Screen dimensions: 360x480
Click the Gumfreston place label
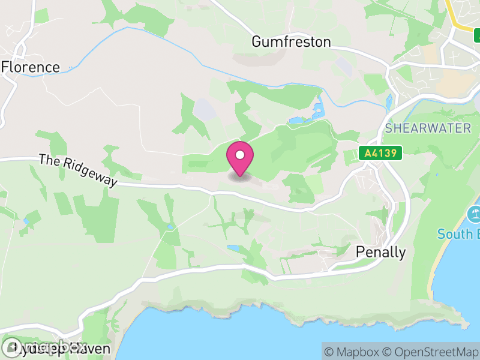[291, 41]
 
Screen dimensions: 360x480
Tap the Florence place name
[31, 67]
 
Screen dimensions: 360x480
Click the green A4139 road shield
[380, 153]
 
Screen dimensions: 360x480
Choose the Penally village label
[380, 252]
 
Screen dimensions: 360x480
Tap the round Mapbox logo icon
[11, 347]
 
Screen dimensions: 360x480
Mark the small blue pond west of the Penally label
[233, 248]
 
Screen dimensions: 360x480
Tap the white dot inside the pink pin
[240, 155]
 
